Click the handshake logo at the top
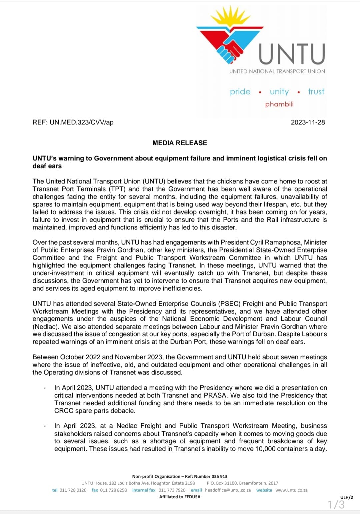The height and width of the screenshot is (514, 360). coord(230,37)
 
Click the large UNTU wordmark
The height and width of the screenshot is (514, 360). coord(292,54)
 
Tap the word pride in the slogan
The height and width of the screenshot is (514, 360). coord(240,92)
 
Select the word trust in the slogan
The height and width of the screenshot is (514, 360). coord(316,92)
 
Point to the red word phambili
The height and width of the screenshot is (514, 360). coord(279,104)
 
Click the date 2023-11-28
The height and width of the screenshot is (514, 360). coord(308,122)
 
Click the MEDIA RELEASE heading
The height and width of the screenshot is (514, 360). coord(180,143)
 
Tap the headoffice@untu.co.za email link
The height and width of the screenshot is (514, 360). coord(228,490)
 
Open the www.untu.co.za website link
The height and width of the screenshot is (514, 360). coord(291,490)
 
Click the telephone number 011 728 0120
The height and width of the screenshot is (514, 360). coord(73,490)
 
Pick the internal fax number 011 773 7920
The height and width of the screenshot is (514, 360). coord(172,490)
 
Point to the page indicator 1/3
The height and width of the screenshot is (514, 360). coord(336,505)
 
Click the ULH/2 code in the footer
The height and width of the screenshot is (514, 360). coord(346,497)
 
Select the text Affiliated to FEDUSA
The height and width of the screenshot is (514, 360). coord(180,497)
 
